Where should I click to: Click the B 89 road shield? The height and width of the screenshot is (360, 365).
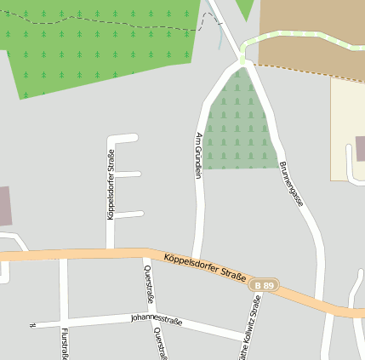(x=266, y=286)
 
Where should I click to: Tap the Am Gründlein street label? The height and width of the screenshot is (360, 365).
(x=199, y=155)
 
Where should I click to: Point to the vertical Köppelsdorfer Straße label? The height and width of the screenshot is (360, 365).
(x=111, y=185)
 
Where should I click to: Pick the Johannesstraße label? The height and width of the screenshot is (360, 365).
(x=156, y=319)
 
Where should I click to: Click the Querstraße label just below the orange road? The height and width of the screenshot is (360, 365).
(x=150, y=284)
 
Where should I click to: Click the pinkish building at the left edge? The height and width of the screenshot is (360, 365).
(x=5, y=206)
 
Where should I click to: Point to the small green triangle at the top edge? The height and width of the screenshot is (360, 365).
(x=245, y=9)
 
